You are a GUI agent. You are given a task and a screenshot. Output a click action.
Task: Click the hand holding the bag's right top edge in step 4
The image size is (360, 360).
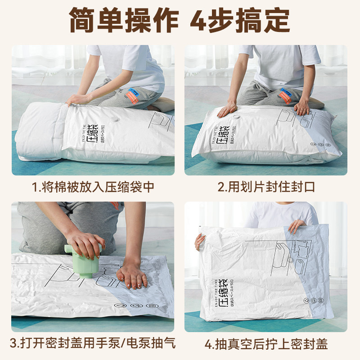click(x=297, y=225)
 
